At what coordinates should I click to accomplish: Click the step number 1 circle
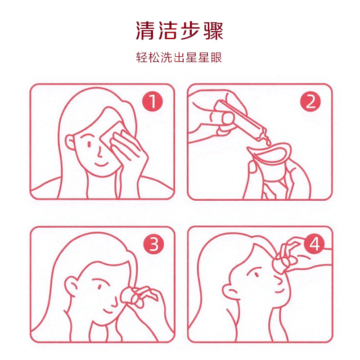point(153,102)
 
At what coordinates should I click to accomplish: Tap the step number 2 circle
point(310,102)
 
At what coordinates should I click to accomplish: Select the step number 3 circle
point(153,244)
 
